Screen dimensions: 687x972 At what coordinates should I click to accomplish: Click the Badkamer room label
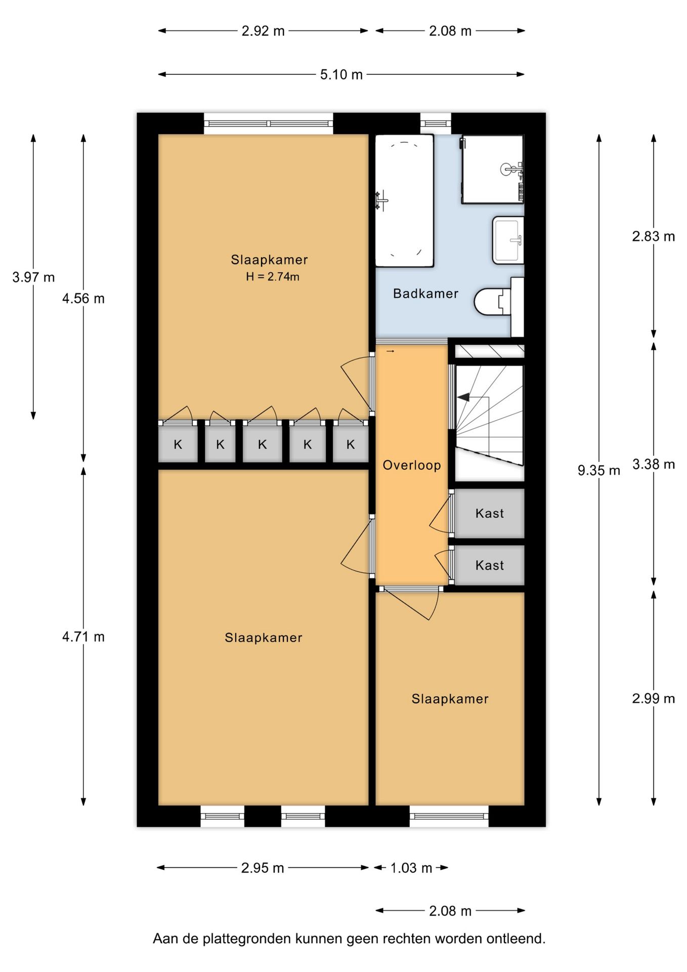pos(425,294)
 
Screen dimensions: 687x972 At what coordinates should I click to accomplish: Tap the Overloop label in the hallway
pos(412,465)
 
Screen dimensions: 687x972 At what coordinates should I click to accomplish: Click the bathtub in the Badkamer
pos(404,200)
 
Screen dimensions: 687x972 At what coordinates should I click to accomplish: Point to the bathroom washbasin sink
pos(508,240)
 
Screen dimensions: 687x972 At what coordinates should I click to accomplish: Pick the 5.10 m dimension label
pos(341,74)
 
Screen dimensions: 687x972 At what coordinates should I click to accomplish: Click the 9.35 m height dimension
pos(599,470)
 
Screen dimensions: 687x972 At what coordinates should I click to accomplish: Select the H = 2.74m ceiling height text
pos(273,277)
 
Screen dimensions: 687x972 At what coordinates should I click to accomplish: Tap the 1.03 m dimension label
pos(411,868)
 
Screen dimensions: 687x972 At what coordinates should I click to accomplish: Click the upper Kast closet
pos(489,513)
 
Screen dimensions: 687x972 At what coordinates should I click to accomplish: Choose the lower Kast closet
pos(489,565)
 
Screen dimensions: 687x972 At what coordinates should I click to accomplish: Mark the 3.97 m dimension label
pos(33,277)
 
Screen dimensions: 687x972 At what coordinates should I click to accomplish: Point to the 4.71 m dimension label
pos(83,637)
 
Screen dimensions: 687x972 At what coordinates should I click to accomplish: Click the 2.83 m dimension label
pos(654,236)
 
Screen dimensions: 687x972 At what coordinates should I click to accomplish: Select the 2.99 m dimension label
pos(654,699)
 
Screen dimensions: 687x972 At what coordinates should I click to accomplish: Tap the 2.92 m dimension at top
pos(263,31)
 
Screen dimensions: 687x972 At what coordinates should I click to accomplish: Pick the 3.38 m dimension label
pos(654,464)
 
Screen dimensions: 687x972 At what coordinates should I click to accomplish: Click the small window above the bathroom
pos(436,124)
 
